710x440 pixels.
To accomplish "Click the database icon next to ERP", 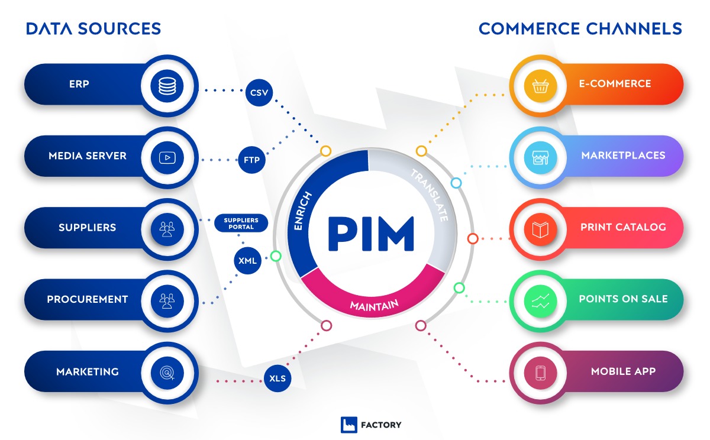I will tap(167, 86).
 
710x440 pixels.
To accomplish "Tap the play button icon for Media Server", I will tap(167, 158).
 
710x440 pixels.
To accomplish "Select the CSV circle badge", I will tap(259, 93).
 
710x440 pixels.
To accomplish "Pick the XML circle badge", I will tap(248, 261).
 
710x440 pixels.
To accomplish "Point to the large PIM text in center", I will tap(371, 235).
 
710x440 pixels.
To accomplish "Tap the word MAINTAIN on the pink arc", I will tap(374, 305).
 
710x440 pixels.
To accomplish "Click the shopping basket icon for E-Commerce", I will tap(540, 86).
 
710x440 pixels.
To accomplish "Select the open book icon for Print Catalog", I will tap(540, 229).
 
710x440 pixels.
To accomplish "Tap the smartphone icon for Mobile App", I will tap(540, 373).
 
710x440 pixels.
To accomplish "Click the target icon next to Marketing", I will tap(167, 373).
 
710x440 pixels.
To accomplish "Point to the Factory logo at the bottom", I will tap(372, 425).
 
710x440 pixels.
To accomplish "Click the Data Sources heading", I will tap(93, 28).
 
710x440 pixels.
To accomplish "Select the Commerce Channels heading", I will tap(580, 28).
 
